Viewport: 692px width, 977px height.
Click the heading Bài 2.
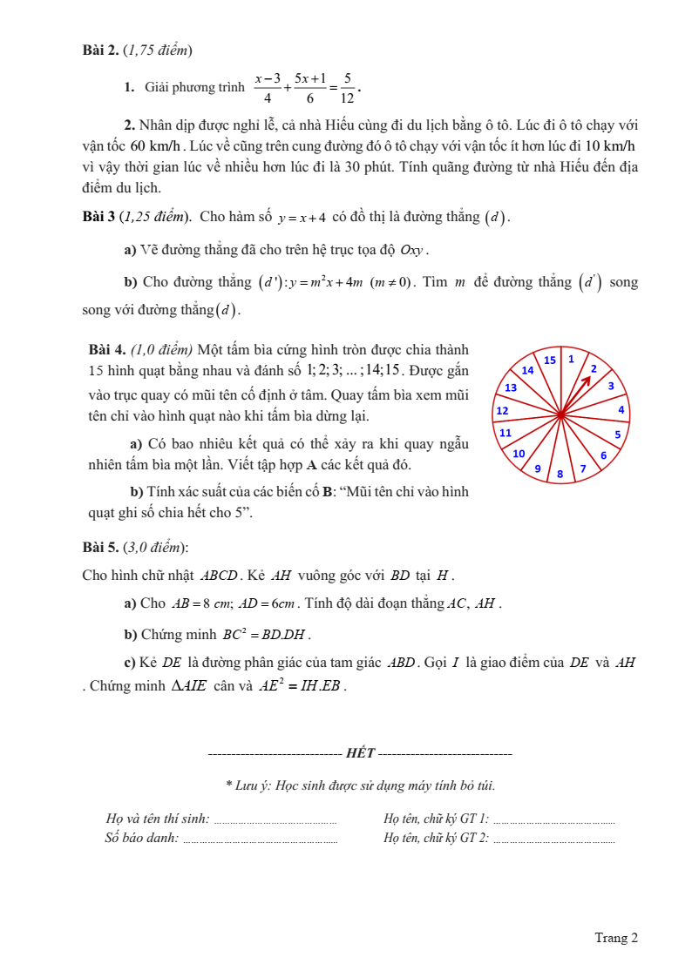(x=100, y=50)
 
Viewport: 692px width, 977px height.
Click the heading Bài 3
(x=100, y=217)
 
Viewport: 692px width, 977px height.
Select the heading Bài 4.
(x=108, y=350)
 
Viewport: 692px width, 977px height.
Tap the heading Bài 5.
(x=100, y=548)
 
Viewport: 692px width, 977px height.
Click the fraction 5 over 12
(x=347, y=88)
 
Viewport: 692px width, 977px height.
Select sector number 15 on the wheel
(x=550, y=360)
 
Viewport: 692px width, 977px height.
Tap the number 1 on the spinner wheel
(x=571, y=359)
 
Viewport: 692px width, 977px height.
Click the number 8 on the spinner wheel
(x=560, y=474)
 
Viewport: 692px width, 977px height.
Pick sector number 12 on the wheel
(x=502, y=410)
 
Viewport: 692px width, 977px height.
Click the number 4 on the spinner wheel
(x=621, y=409)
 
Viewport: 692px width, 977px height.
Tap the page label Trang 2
(x=616, y=938)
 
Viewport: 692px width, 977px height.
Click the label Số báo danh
(x=141, y=838)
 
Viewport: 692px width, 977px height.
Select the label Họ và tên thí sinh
(x=157, y=819)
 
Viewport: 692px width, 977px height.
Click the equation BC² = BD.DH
(x=266, y=634)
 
